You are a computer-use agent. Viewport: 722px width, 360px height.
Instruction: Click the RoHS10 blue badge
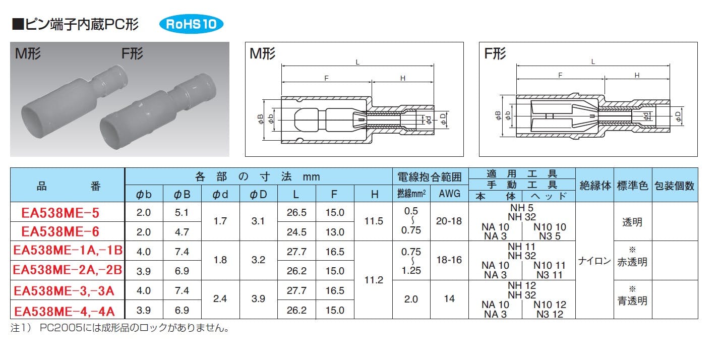(x=191, y=24)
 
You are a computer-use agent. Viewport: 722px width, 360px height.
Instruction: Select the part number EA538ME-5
(x=61, y=213)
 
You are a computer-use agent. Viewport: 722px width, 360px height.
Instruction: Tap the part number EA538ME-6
(x=61, y=231)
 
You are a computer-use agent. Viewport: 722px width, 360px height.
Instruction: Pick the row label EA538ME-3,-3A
(x=64, y=291)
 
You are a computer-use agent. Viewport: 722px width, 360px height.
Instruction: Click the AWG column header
(x=449, y=194)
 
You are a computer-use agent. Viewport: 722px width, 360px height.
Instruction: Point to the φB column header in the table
(x=182, y=194)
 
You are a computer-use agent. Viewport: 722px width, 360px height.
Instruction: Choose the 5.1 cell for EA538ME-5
(x=182, y=212)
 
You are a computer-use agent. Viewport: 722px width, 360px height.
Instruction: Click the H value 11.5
(x=374, y=221)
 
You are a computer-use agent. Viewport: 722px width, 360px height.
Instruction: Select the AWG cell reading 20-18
(x=449, y=221)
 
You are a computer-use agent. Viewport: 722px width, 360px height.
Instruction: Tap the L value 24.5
(x=296, y=232)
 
